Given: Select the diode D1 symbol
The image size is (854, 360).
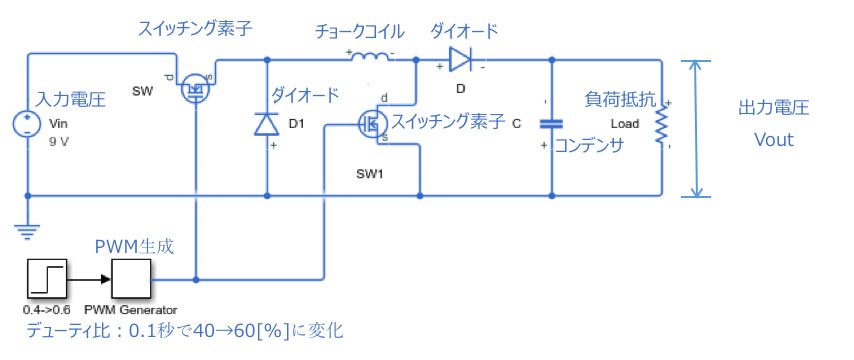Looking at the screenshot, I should (266, 124).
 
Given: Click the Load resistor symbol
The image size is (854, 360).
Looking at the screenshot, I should (659, 125).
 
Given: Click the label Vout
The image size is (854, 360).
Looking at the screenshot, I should (773, 140).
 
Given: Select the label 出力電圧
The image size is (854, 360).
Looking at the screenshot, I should (773, 108).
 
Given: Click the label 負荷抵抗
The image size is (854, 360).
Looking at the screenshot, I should (620, 100).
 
